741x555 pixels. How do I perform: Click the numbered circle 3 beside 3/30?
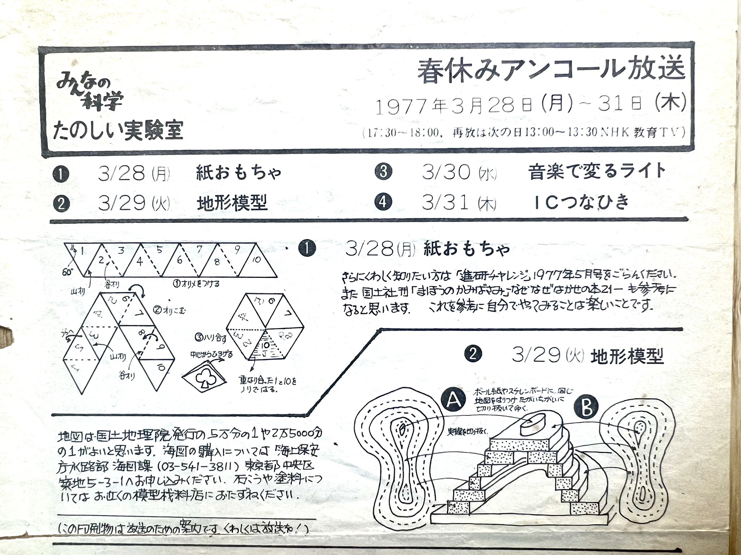point(384,171)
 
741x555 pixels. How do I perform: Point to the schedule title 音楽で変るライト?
point(597,171)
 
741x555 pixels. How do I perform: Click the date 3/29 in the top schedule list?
point(121,204)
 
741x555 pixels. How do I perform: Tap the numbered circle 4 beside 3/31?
point(384,202)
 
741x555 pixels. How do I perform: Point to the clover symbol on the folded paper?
point(204,378)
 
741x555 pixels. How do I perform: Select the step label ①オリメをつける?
point(195,284)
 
